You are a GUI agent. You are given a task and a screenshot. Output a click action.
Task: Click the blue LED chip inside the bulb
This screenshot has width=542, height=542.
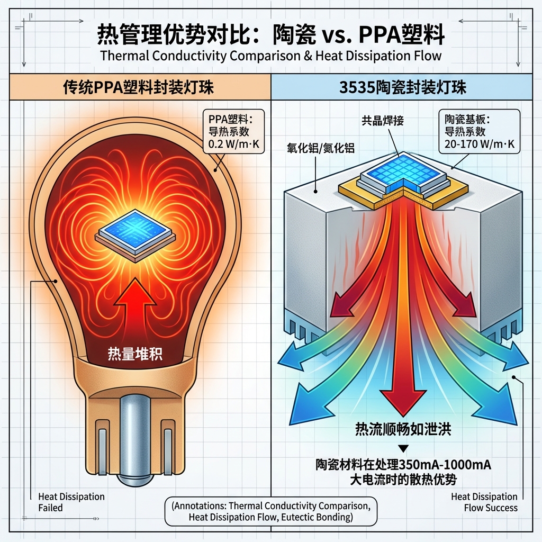click(135, 233)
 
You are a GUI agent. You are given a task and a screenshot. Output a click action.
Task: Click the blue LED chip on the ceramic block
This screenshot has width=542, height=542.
click(403, 172)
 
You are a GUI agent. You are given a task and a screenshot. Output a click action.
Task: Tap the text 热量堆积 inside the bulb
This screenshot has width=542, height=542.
click(135, 354)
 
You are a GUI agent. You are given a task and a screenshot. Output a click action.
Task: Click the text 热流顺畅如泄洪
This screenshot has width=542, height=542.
click(403, 430)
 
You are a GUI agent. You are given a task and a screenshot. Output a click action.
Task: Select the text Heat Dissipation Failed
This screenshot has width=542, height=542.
click(71, 502)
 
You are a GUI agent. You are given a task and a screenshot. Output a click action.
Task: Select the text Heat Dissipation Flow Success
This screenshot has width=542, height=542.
click(484, 502)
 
